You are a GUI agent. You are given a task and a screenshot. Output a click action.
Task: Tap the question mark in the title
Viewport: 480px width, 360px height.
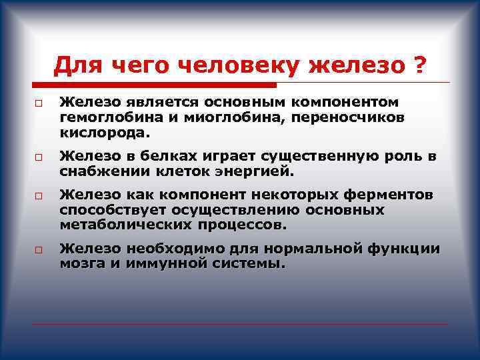(419, 66)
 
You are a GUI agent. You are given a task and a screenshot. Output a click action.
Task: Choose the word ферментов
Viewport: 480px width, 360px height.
(393, 195)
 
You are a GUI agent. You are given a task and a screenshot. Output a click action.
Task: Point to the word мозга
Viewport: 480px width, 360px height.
(80, 264)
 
